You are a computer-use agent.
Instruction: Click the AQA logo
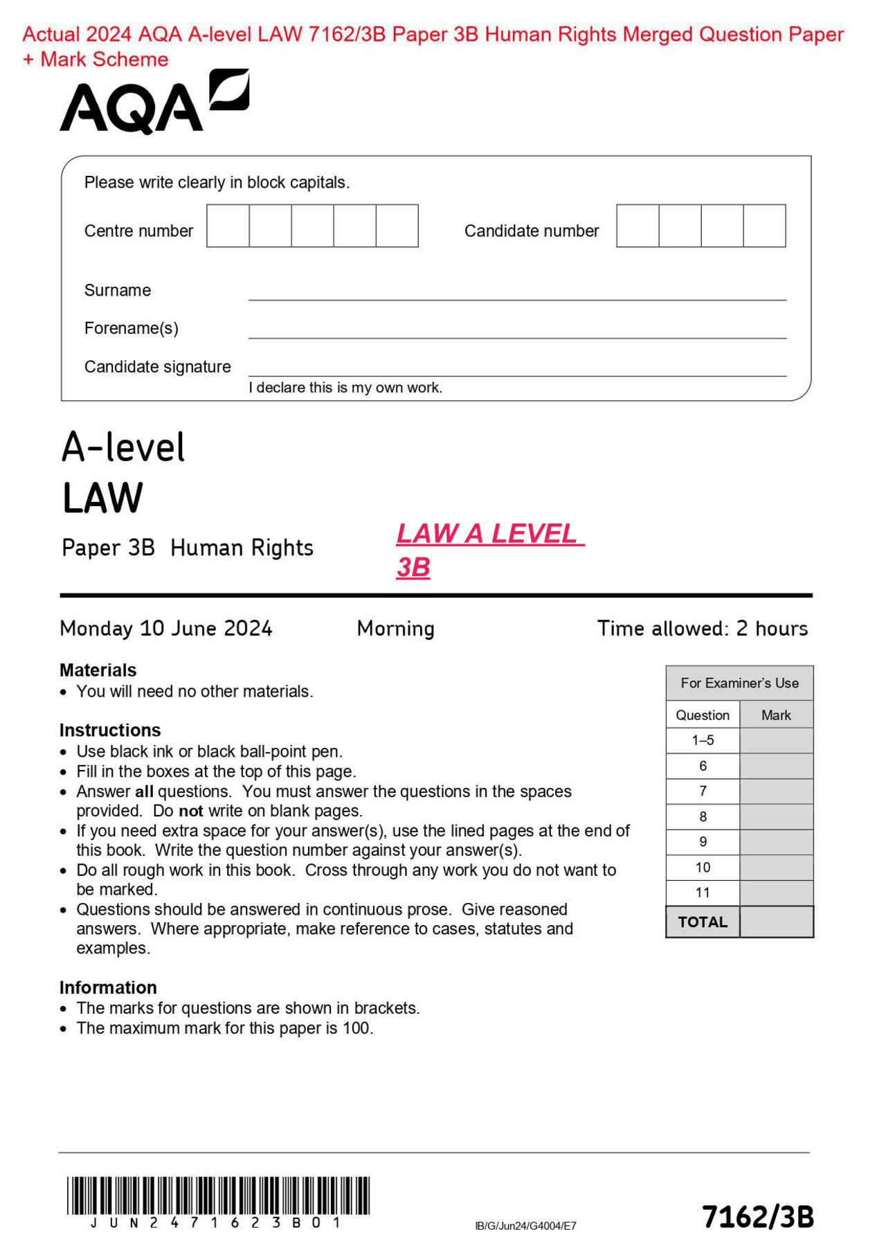(154, 102)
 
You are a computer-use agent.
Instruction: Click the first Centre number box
(228, 226)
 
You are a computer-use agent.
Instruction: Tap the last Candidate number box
(764, 226)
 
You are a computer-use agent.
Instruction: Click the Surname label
(118, 290)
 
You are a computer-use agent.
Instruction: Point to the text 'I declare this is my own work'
(345, 388)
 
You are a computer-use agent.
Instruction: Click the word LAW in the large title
(102, 498)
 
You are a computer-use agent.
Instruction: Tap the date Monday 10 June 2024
(166, 628)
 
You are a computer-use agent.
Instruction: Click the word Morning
(395, 628)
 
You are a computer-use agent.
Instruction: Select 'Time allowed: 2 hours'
(702, 628)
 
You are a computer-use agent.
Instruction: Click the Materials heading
(98, 670)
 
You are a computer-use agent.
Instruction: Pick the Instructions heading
(110, 730)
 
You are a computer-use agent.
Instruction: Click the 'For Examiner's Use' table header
(739, 683)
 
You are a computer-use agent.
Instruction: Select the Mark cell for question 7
(776, 791)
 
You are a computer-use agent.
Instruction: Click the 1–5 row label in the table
(703, 740)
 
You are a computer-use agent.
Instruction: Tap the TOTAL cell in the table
(703, 922)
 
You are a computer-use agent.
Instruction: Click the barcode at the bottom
(218, 1195)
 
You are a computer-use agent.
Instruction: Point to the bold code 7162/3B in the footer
(758, 1217)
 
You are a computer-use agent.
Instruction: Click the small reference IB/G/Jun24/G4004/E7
(525, 1226)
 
